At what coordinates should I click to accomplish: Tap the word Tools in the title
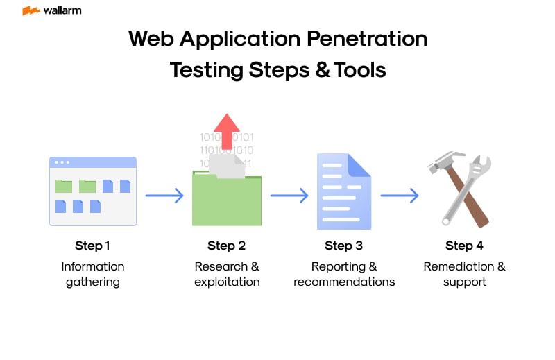(x=359, y=70)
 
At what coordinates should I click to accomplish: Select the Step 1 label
(x=92, y=246)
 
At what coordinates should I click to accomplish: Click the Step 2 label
(x=226, y=246)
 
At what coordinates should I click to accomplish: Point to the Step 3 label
(x=343, y=246)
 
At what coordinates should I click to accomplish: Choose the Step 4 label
(x=464, y=246)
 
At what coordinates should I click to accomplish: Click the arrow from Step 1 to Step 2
(x=164, y=196)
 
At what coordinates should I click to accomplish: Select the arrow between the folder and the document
(x=289, y=196)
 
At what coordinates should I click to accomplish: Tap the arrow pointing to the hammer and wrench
(x=400, y=196)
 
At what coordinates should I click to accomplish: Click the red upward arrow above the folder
(x=226, y=132)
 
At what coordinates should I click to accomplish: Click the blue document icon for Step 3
(x=343, y=191)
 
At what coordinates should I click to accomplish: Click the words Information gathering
(x=92, y=274)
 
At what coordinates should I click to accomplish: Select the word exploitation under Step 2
(x=227, y=282)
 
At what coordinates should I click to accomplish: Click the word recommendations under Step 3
(x=344, y=282)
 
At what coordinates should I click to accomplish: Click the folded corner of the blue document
(x=361, y=165)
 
